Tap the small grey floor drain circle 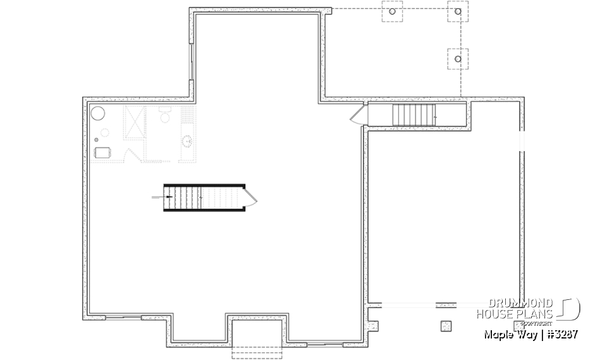pyautogui.click(x=95, y=140)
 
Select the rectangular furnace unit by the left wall pyautogui.click(x=102, y=152)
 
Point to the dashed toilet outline pyautogui.click(x=164, y=116)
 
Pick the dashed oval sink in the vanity pyautogui.click(x=188, y=140)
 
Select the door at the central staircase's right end pyautogui.click(x=251, y=197)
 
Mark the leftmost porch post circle pyautogui.click(x=393, y=11)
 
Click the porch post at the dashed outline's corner pyautogui.click(x=458, y=11)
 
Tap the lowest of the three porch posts pyautogui.click(x=458, y=58)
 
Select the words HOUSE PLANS pyautogui.click(x=515, y=314)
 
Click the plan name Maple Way pyautogui.click(x=507, y=333)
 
